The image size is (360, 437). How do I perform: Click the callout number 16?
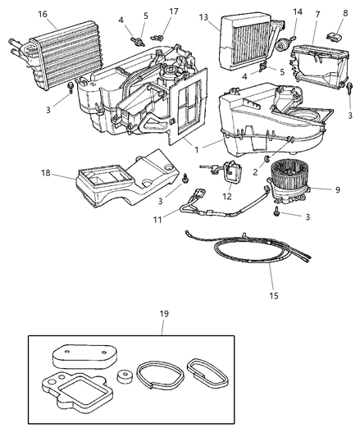(43, 14)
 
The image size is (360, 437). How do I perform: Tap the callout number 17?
(174, 11)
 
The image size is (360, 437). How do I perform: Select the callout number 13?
(203, 17)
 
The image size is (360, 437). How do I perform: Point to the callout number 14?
(298, 11)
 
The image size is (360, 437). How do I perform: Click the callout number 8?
(345, 13)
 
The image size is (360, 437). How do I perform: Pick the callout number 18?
(46, 173)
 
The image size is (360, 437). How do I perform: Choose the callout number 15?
(274, 295)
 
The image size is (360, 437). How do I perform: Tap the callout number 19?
(164, 313)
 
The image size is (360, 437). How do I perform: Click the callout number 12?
(227, 196)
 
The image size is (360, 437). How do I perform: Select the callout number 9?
(338, 189)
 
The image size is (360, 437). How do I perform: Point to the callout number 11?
(157, 220)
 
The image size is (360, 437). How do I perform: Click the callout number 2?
(255, 172)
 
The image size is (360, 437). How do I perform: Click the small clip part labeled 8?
(334, 36)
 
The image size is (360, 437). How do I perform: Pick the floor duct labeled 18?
(127, 180)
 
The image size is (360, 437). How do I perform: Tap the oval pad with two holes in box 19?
(84, 356)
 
